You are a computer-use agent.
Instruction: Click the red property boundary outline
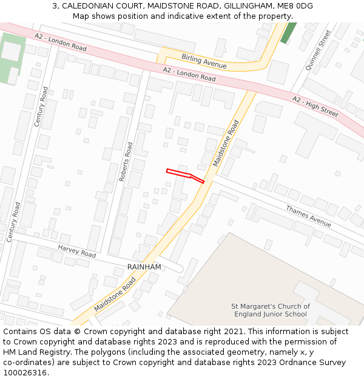185,175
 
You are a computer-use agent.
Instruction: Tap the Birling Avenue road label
204,61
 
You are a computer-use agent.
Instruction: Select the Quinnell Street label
318,50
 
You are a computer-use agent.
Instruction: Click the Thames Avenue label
308,216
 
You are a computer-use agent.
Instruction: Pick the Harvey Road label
77,250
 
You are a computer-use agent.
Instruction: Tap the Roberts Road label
126,162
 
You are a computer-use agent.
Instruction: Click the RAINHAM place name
144,267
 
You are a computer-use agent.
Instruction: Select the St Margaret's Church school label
271,310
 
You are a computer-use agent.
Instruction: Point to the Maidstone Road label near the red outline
226,143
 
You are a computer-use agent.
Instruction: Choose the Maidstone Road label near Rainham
115,295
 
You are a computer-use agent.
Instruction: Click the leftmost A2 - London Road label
61,42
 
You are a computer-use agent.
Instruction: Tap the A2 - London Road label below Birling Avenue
189,75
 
